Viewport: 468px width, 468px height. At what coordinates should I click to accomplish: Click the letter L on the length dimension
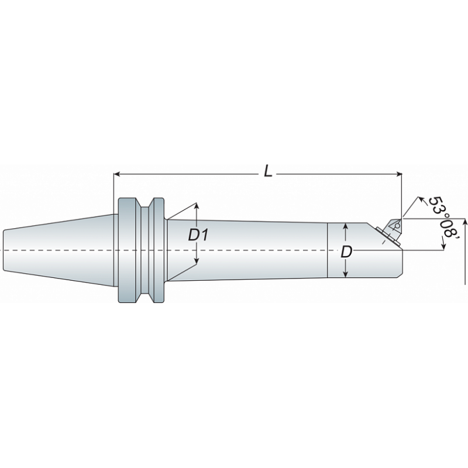pos(267,171)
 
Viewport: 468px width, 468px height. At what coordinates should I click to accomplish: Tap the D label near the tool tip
pos(346,253)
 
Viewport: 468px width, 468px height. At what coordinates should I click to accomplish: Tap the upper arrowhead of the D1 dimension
pos(197,207)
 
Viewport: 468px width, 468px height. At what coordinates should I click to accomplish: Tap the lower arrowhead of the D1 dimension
pos(197,261)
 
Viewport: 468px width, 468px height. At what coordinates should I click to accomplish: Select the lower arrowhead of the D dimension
pos(346,274)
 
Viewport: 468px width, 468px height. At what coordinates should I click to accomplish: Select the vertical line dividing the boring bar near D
pos(326,250)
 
